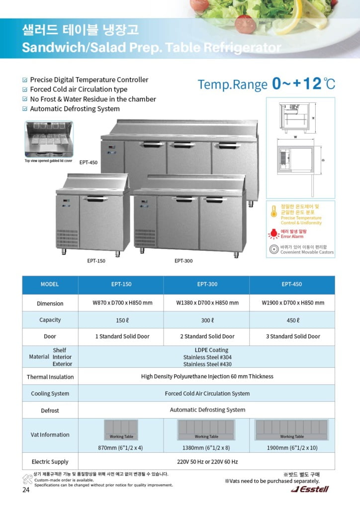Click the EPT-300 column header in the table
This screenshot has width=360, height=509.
[x=207, y=284]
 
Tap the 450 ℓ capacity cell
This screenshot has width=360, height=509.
[x=292, y=320]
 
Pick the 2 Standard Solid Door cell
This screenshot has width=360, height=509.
[x=207, y=337]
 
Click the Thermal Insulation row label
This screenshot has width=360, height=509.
[x=50, y=377]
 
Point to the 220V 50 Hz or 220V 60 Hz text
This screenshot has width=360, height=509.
[x=207, y=462]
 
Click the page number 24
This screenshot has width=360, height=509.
[x=26, y=490]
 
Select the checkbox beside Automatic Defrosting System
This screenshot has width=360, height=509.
[x=25, y=109]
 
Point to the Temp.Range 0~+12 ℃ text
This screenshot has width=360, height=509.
[x=267, y=84]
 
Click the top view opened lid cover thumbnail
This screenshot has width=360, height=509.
[x=48, y=139]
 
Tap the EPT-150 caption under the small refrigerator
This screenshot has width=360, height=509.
[x=96, y=260]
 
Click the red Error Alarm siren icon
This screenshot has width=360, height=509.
[x=273, y=234]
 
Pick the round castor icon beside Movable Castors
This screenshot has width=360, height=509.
[x=273, y=250]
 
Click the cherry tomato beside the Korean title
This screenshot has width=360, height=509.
[x=245, y=23]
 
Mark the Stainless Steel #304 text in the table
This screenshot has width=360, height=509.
[x=207, y=357]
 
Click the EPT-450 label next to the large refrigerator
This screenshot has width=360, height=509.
[x=88, y=162]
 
